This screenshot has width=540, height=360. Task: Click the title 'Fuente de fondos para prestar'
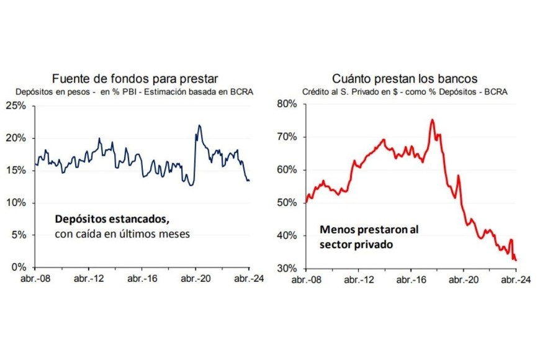pos(136,79)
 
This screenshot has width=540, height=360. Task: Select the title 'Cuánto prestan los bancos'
pos(404,79)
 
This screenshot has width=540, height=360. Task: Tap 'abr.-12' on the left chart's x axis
pos(89,279)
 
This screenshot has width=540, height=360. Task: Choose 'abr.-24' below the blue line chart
pos(247,279)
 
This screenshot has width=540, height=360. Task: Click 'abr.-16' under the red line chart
pos(410,279)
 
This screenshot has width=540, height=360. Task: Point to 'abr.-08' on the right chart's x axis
pos(309,279)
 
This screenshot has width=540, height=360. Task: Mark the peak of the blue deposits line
pos(199,125)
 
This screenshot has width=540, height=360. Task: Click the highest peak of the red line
pos(431,120)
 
